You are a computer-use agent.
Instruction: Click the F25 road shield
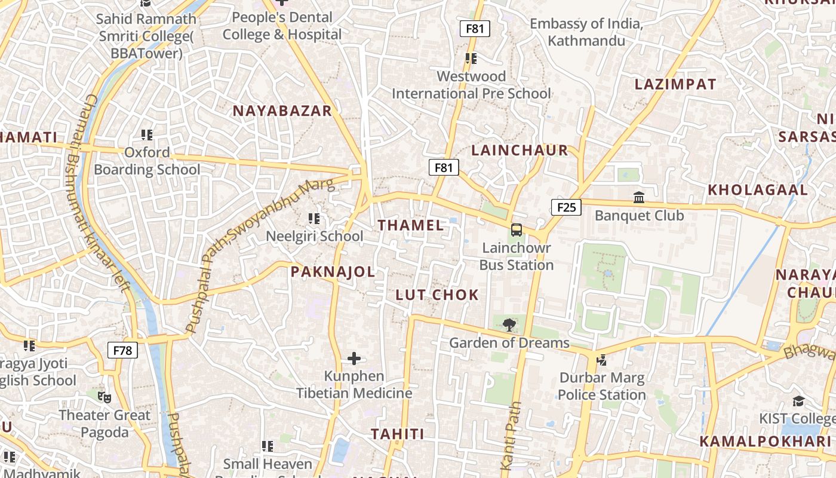pos(565,207)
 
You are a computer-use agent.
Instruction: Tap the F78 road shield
pos(122,350)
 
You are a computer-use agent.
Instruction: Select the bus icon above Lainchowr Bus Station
pos(517,230)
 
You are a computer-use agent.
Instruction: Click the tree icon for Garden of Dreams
pos(509,326)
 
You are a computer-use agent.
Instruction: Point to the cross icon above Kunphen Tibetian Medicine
pos(354,358)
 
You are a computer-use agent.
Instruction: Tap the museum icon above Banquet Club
pos(639,197)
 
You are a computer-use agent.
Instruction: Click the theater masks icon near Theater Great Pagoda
pos(105,396)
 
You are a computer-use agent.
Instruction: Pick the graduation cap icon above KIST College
pos(798,401)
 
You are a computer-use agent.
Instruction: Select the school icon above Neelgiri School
pos(314,219)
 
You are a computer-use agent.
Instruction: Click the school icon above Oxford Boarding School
pos(147,135)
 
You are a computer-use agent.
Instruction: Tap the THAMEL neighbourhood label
pos(411,225)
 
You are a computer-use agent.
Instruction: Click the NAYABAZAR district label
pos(282,111)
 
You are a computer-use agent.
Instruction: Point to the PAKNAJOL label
pos(333,272)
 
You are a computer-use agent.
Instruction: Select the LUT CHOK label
pos(437,295)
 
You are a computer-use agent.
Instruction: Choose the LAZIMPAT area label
pos(675,84)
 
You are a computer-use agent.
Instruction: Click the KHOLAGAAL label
pos(757,190)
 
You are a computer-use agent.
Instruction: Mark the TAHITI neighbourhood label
pos(397,434)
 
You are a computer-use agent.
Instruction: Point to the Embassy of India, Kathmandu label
pos(586,32)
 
